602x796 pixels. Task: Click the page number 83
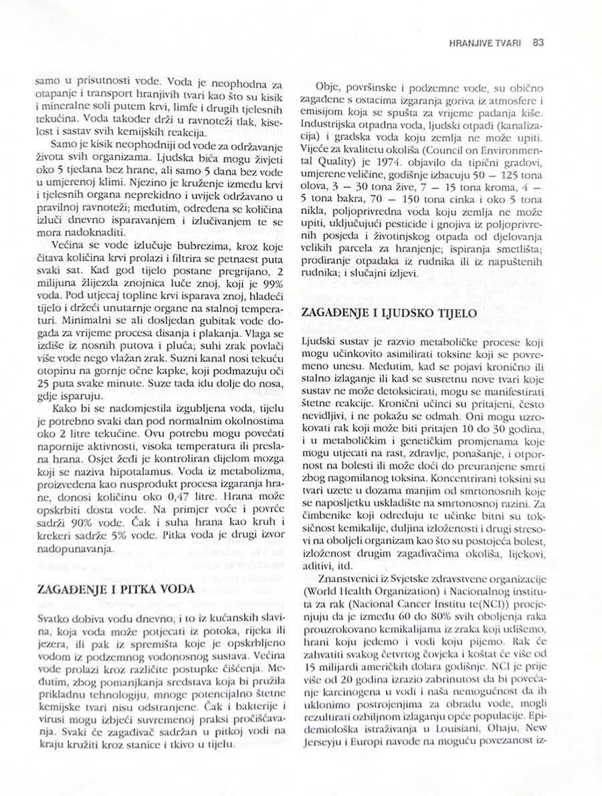coord(538,42)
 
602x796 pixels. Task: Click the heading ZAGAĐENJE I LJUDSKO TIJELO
coord(389,312)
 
